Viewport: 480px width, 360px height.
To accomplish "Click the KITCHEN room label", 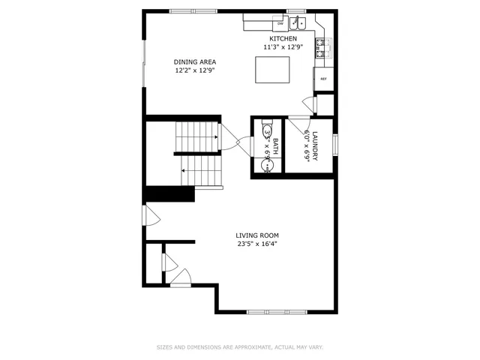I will pos(283,39).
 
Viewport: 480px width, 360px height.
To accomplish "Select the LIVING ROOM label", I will pos(257,235).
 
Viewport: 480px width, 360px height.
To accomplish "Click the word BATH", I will pos(275,146).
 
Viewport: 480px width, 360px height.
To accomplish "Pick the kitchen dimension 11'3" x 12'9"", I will pos(283,47).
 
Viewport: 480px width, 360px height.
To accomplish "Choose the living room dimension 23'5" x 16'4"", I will pos(257,244).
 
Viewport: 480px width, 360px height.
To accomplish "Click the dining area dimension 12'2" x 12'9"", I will pos(190,71).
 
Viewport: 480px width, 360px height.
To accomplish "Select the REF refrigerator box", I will pos(324,79).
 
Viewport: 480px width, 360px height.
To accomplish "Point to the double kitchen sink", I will pos(298,22).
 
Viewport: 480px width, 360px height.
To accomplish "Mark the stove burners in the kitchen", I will pos(323,49).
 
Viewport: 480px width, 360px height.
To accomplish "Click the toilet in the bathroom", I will pos(268,133).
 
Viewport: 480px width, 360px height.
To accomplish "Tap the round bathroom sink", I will pos(267,164).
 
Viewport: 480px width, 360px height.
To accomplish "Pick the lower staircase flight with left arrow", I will pos(202,170).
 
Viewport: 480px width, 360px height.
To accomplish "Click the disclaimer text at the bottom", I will pos(239,347).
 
